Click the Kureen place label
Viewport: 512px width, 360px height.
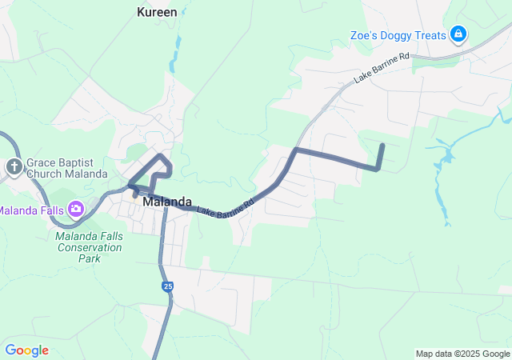[x=157, y=12]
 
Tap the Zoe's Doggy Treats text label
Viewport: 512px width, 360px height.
[x=398, y=35]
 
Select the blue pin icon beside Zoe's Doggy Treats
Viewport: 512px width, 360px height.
[x=458, y=34]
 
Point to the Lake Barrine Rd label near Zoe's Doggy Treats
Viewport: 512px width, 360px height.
[x=382, y=68]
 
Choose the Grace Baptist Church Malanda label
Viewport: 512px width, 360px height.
[x=66, y=167]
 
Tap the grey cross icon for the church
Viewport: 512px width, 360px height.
[x=14, y=167]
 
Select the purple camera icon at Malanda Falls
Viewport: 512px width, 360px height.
[x=76, y=210]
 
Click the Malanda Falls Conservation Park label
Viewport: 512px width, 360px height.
[x=89, y=247]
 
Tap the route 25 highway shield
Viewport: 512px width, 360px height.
[x=167, y=286]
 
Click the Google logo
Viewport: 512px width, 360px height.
[x=26, y=350]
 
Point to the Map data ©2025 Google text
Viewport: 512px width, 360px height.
[x=462, y=354]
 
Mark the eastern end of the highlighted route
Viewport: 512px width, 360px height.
[x=382, y=145]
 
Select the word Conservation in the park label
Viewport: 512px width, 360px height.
[x=89, y=247]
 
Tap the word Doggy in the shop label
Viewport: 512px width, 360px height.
[x=402, y=35]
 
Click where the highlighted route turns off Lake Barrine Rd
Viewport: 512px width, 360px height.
[x=296, y=150]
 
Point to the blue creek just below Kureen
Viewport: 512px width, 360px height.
[x=173, y=60]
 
